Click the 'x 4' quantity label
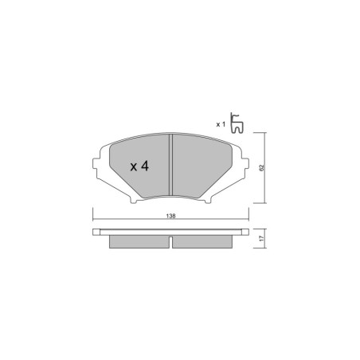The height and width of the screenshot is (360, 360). tap(139, 166)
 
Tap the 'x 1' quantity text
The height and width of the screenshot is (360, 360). tap(220, 124)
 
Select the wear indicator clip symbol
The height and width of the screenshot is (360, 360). tap(237, 123)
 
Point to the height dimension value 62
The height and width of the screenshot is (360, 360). tap(260, 167)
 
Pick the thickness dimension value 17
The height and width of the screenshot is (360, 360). tap(260, 238)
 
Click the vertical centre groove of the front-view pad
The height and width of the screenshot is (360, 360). tap(171, 163)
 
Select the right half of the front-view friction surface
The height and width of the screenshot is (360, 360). tap(203, 163)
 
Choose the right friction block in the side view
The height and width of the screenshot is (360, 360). tap(203, 241)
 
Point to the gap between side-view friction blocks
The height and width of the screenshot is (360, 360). tap(170, 241)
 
